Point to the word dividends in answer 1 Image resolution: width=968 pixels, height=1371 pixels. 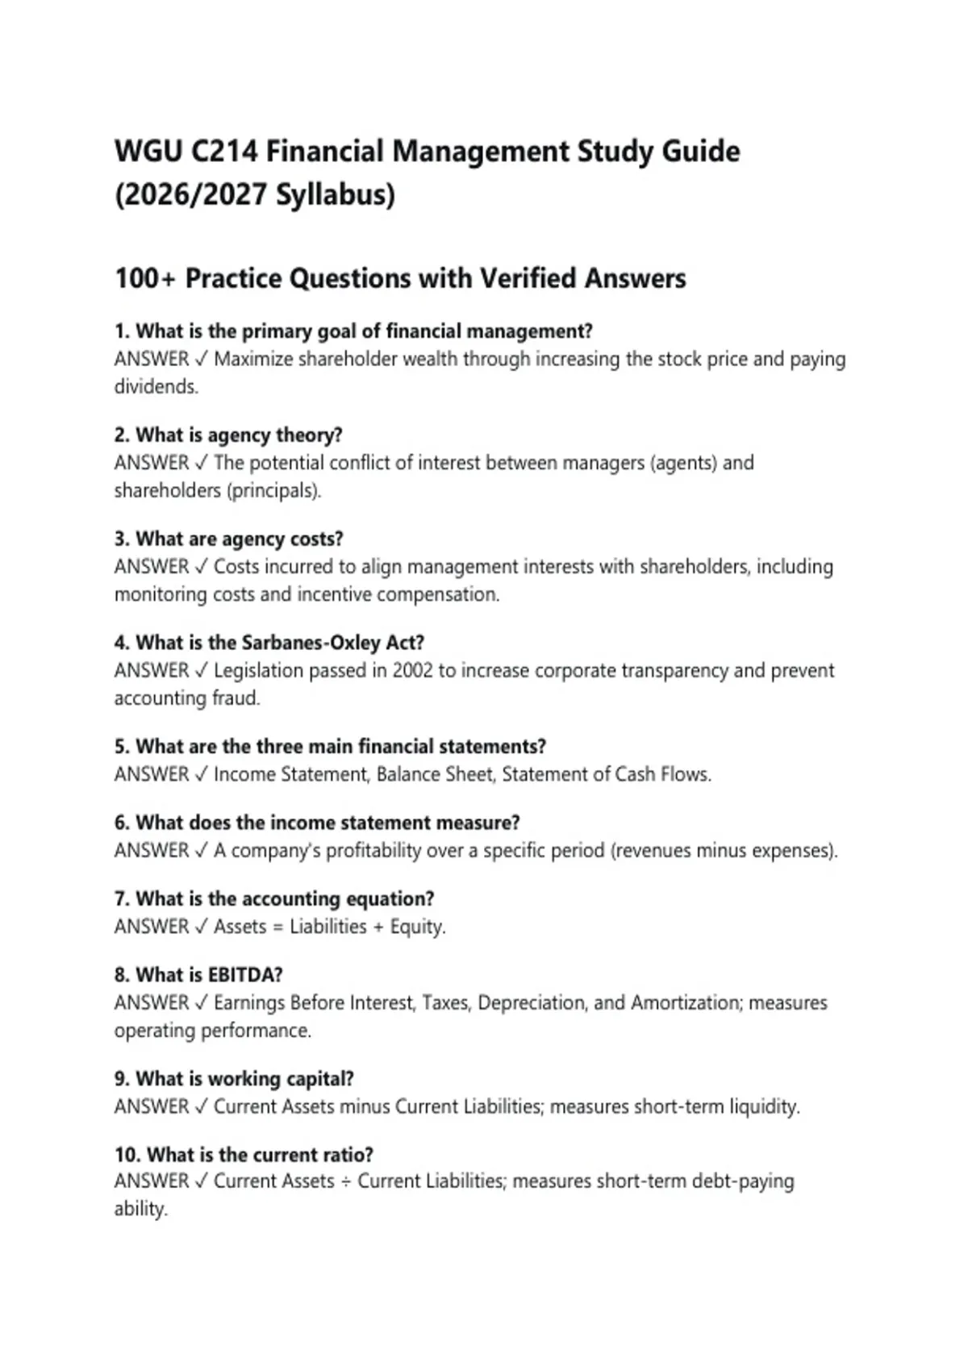[x=155, y=386]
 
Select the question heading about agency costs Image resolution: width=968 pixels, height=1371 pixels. [x=228, y=539]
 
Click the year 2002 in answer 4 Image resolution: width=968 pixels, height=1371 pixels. [x=412, y=670]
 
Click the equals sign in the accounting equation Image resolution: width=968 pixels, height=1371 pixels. [x=277, y=927]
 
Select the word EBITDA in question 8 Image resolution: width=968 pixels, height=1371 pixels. [x=244, y=974]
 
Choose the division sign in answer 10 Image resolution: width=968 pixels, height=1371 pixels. [x=345, y=1181]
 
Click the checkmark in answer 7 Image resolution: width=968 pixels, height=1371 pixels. [x=201, y=927]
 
